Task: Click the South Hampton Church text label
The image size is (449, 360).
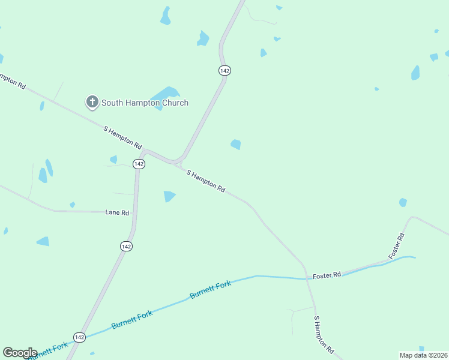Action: (145, 103)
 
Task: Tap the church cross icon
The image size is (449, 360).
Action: (92, 102)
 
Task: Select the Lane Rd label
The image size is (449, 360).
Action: (117, 212)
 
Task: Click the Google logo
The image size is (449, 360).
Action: (20, 353)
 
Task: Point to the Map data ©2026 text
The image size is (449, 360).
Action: (423, 355)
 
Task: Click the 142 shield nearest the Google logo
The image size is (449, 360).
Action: (79, 337)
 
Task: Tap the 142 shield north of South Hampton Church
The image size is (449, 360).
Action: (224, 70)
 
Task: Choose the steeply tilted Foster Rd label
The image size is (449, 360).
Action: (397, 246)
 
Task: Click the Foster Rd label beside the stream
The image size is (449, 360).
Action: (327, 275)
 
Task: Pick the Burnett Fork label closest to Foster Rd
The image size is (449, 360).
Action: (210, 290)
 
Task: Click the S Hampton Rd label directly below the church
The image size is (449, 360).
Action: (123, 137)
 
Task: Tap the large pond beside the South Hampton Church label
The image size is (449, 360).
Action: (165, 95)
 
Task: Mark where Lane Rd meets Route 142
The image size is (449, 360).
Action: (134, 212)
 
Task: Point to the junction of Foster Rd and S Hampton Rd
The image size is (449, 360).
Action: (306, 278)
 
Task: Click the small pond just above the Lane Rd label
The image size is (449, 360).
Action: (72, 205)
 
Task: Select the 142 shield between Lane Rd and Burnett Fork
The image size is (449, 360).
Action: (126, 247)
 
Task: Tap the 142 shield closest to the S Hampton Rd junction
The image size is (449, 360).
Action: (139, 164)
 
